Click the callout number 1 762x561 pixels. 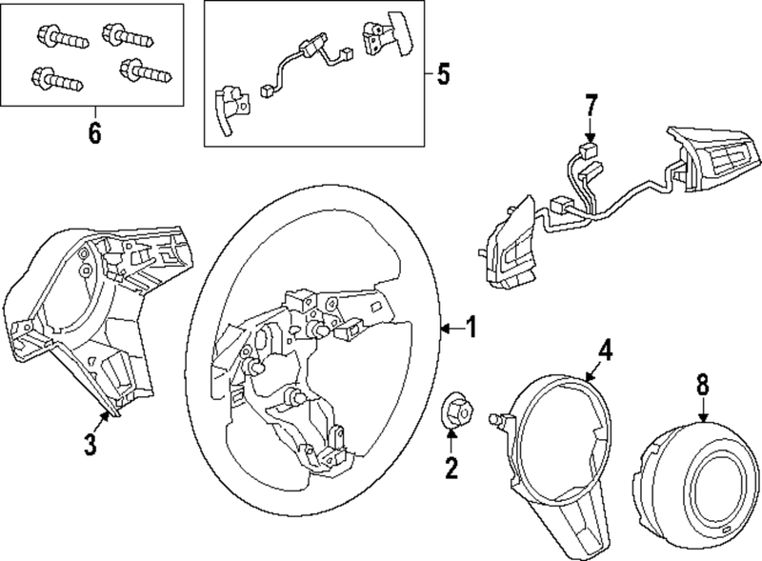click(471, 329)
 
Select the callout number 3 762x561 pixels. click(89, 445)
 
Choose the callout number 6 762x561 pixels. click(93, 133)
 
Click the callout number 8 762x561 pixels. click(702, 384)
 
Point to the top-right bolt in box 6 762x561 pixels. click(123, 34)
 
